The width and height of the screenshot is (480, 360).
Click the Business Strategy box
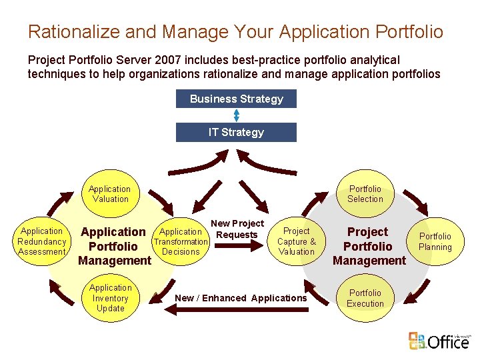tap(236, 99)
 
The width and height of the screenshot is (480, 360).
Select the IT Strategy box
tap(236, 132)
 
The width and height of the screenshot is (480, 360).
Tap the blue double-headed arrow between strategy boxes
tap(236, 115)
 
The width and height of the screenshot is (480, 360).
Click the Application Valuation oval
tap(110, 194)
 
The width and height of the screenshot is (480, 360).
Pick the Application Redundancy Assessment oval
tap(42, 242)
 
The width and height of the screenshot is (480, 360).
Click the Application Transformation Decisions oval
tap(181, 242)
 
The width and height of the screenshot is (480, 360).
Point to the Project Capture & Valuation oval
tap(297, 241)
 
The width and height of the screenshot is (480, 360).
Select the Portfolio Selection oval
tap(365, 194)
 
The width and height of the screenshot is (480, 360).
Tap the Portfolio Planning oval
tap(435, 241)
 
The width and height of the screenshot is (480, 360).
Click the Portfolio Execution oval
tap(365, 298)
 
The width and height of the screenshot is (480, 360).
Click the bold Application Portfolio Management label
tap(114, 246)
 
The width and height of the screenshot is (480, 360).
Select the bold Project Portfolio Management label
tap(369, 246)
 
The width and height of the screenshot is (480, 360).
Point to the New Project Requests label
tap(237, 229)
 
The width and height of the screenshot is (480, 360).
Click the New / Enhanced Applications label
tap(241, 298)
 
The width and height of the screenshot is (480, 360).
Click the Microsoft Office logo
tap(441, 341)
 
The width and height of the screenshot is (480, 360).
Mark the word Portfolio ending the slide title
tap(409, 31)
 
